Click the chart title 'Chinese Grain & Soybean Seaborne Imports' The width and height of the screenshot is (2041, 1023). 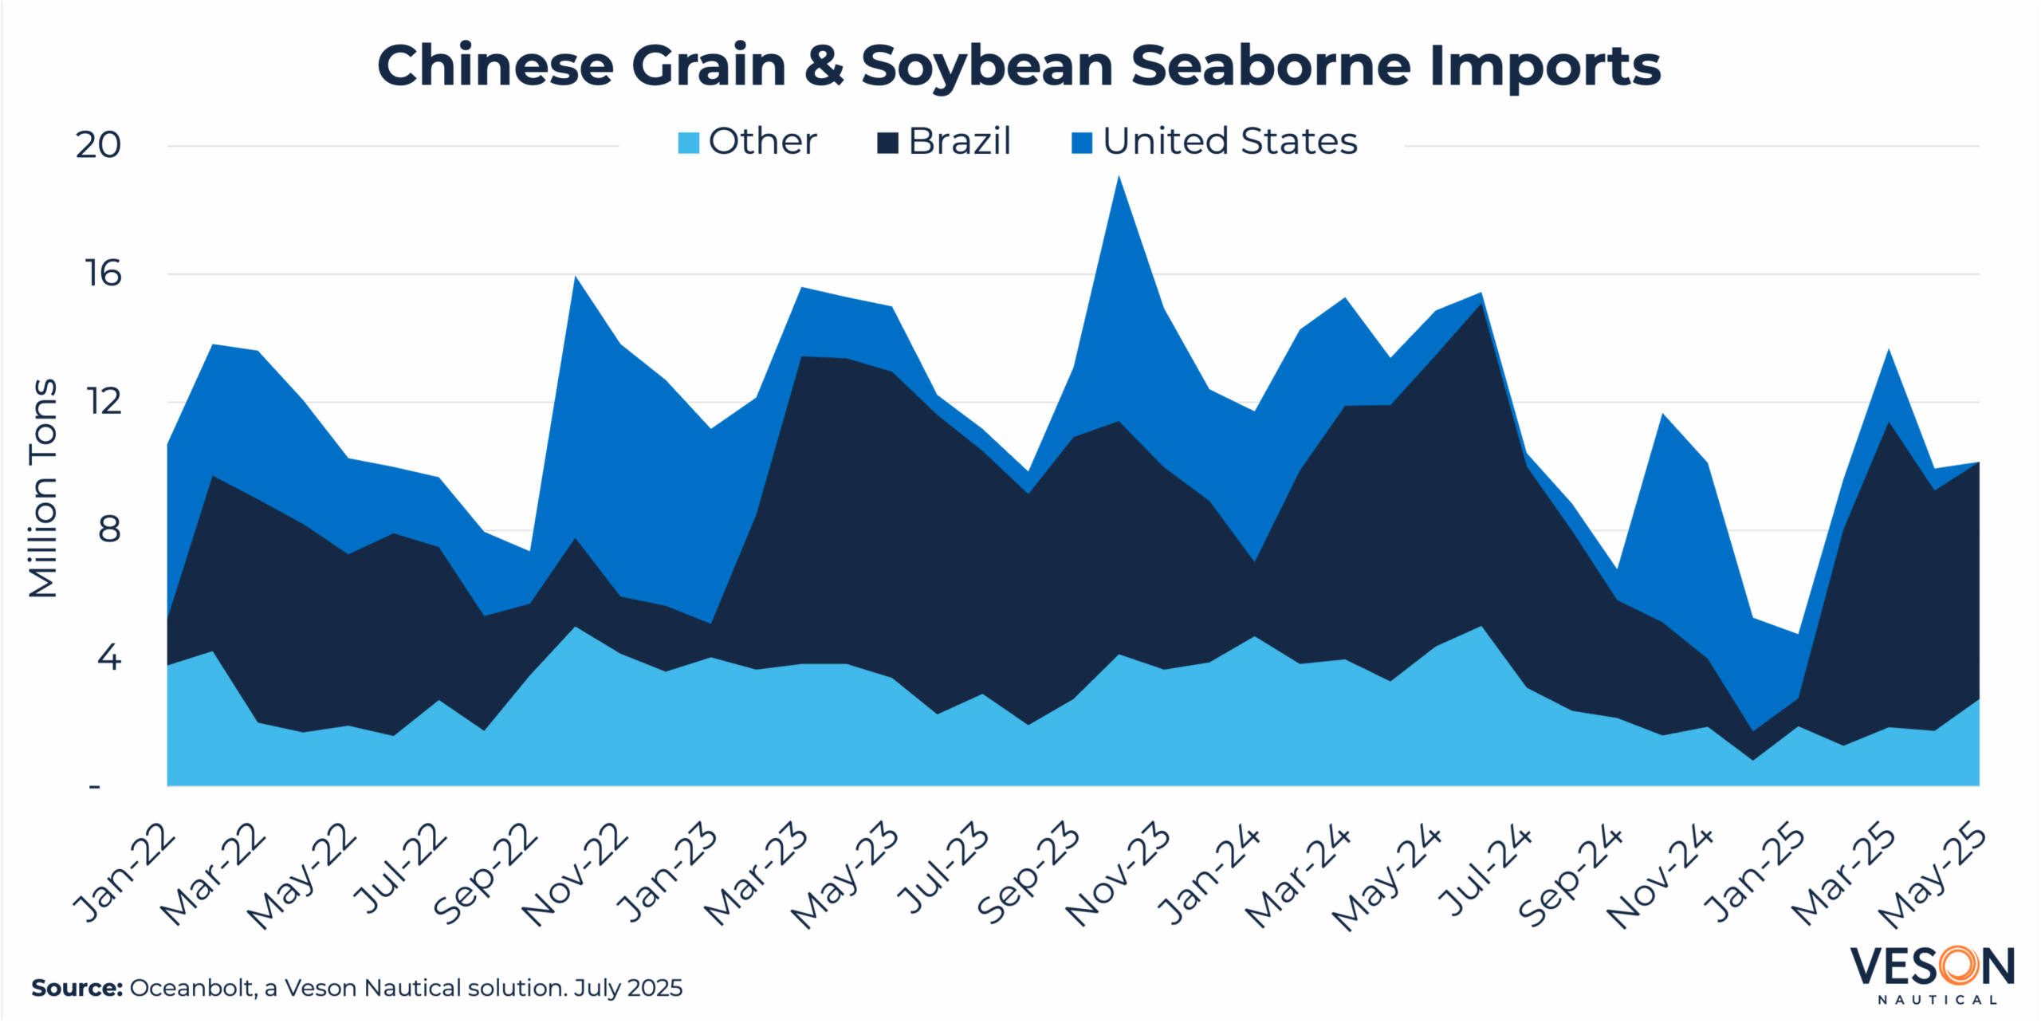[x=1019, y=65]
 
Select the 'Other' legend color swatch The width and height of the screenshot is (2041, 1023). [x=688, y=143]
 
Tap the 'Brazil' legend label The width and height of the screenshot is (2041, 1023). [x=959, y=142]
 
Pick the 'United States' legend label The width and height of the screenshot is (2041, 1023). [x=1229, y=142]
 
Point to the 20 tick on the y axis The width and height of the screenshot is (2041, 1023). [x=98, y=145]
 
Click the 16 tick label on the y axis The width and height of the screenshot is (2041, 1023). [x=104, y=273]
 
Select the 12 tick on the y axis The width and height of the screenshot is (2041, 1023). [x=104, y=401]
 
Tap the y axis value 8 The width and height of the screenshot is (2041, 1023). [x=109, y=529]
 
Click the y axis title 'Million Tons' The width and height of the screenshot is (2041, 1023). [x=44, y=488]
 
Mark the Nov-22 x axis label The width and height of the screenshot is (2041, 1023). [x=576, y=874]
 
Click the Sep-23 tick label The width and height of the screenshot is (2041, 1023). [x=1028, y=874]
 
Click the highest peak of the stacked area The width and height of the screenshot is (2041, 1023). [x=1119, y=177]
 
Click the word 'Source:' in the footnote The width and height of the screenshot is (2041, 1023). [x=77, y=988]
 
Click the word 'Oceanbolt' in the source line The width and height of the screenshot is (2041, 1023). [x=191, y=988]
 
